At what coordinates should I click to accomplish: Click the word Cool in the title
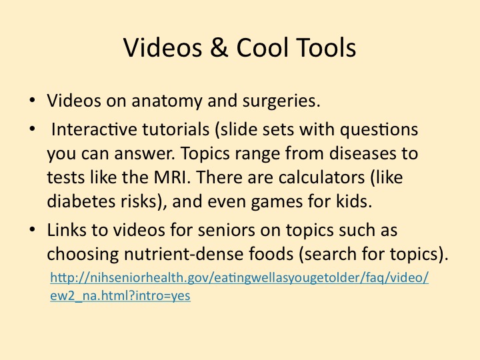262,47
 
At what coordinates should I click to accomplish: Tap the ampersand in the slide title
219,47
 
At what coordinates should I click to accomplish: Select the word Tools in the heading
326,47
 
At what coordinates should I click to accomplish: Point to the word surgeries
281,101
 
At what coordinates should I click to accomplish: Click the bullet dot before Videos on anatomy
32,100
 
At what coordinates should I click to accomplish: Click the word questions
379,130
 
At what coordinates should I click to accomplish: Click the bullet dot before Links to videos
32,229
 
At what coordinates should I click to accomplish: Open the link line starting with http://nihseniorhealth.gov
239,278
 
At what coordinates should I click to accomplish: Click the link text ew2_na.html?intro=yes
120,296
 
